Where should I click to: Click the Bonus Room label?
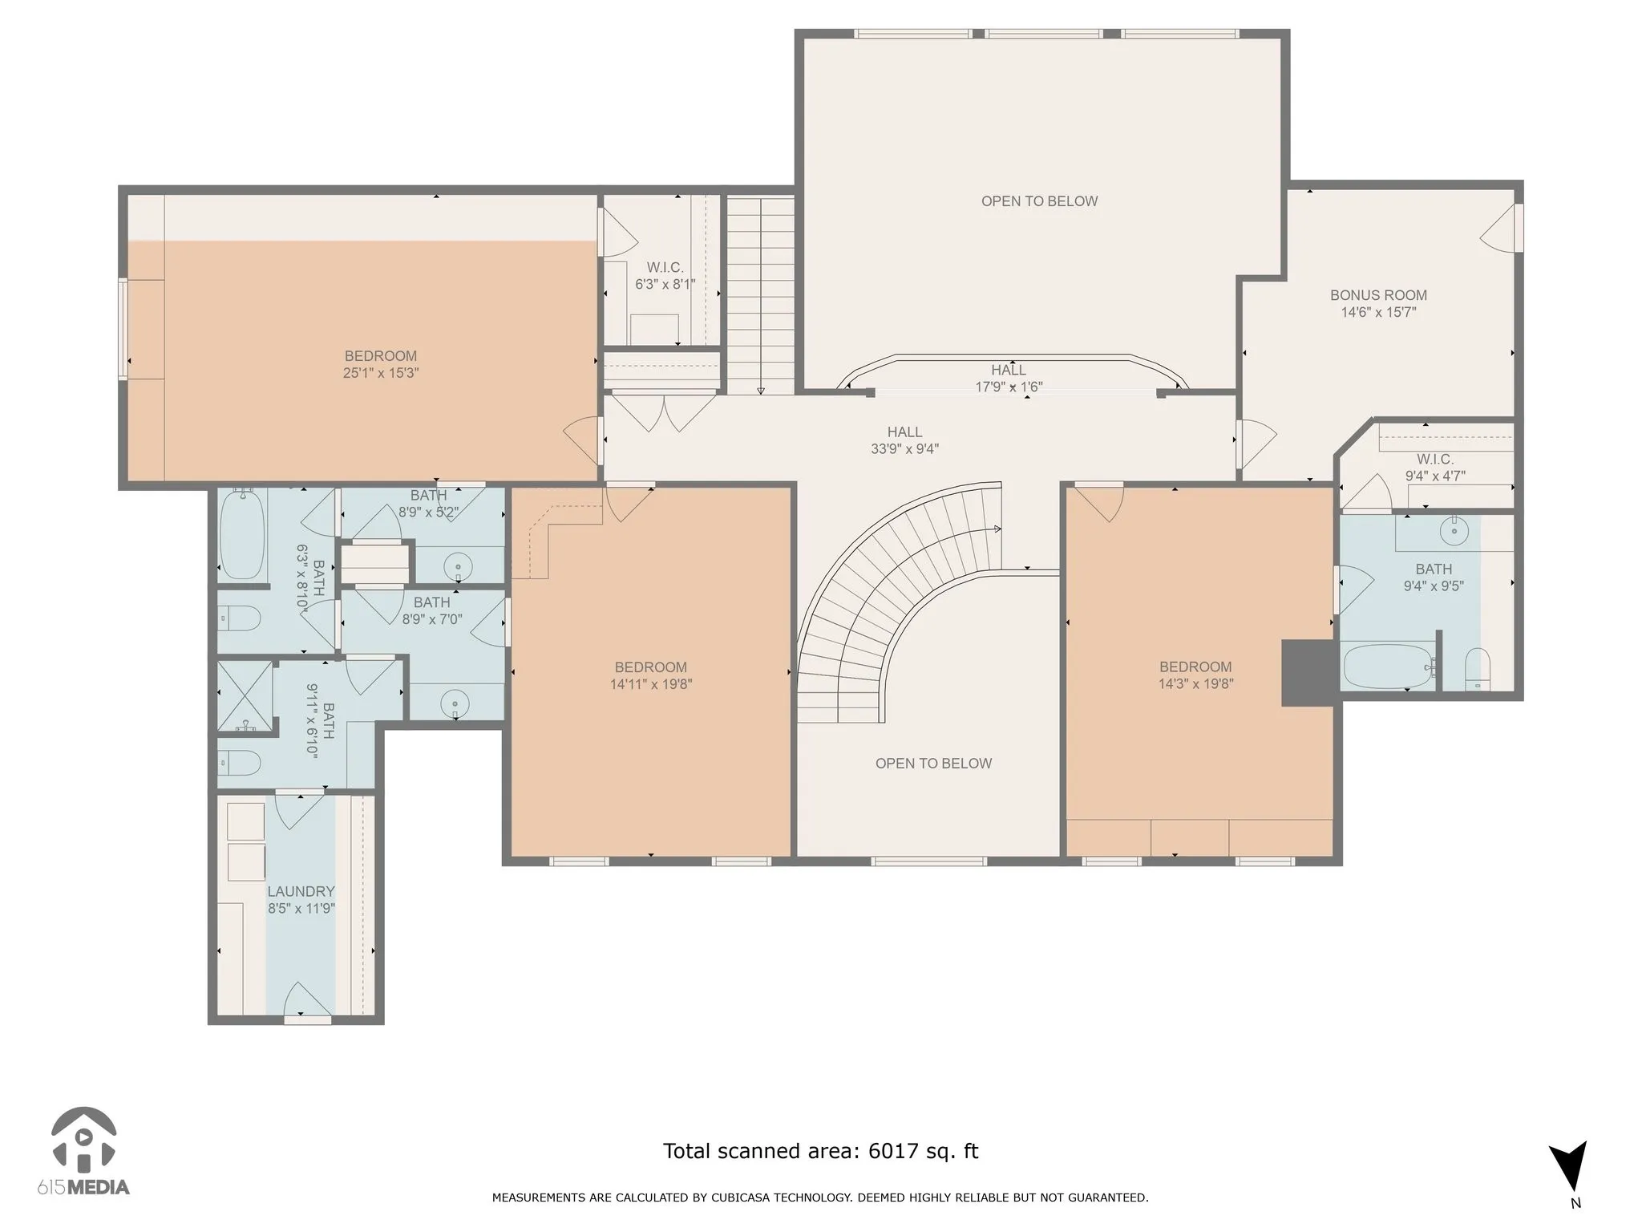click(1378, 295)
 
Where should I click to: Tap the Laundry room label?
click(301, 891)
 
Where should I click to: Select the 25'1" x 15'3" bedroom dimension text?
click(381, 373)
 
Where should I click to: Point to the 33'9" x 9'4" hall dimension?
click(904, 449)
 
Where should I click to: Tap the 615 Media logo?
click(83, 1151)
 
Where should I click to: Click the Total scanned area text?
click(820, 1151)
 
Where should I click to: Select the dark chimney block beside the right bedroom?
click(1308, 672)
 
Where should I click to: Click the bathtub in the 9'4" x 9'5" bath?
click(1388, 665)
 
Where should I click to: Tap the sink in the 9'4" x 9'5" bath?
click(1454, 529)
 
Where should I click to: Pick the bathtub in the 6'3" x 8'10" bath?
click(242, 534)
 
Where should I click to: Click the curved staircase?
click(890, 602)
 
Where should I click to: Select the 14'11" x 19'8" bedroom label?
click(650, 675)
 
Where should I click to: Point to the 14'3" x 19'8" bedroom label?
click(1195, 675)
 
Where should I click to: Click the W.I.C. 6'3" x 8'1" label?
click(665, 275)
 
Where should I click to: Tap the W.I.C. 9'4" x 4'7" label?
click(1435, 467)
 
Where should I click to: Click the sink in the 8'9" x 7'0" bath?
click(455, 704)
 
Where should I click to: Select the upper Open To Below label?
click(1039, 201)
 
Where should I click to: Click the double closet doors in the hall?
click(662, 411)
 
